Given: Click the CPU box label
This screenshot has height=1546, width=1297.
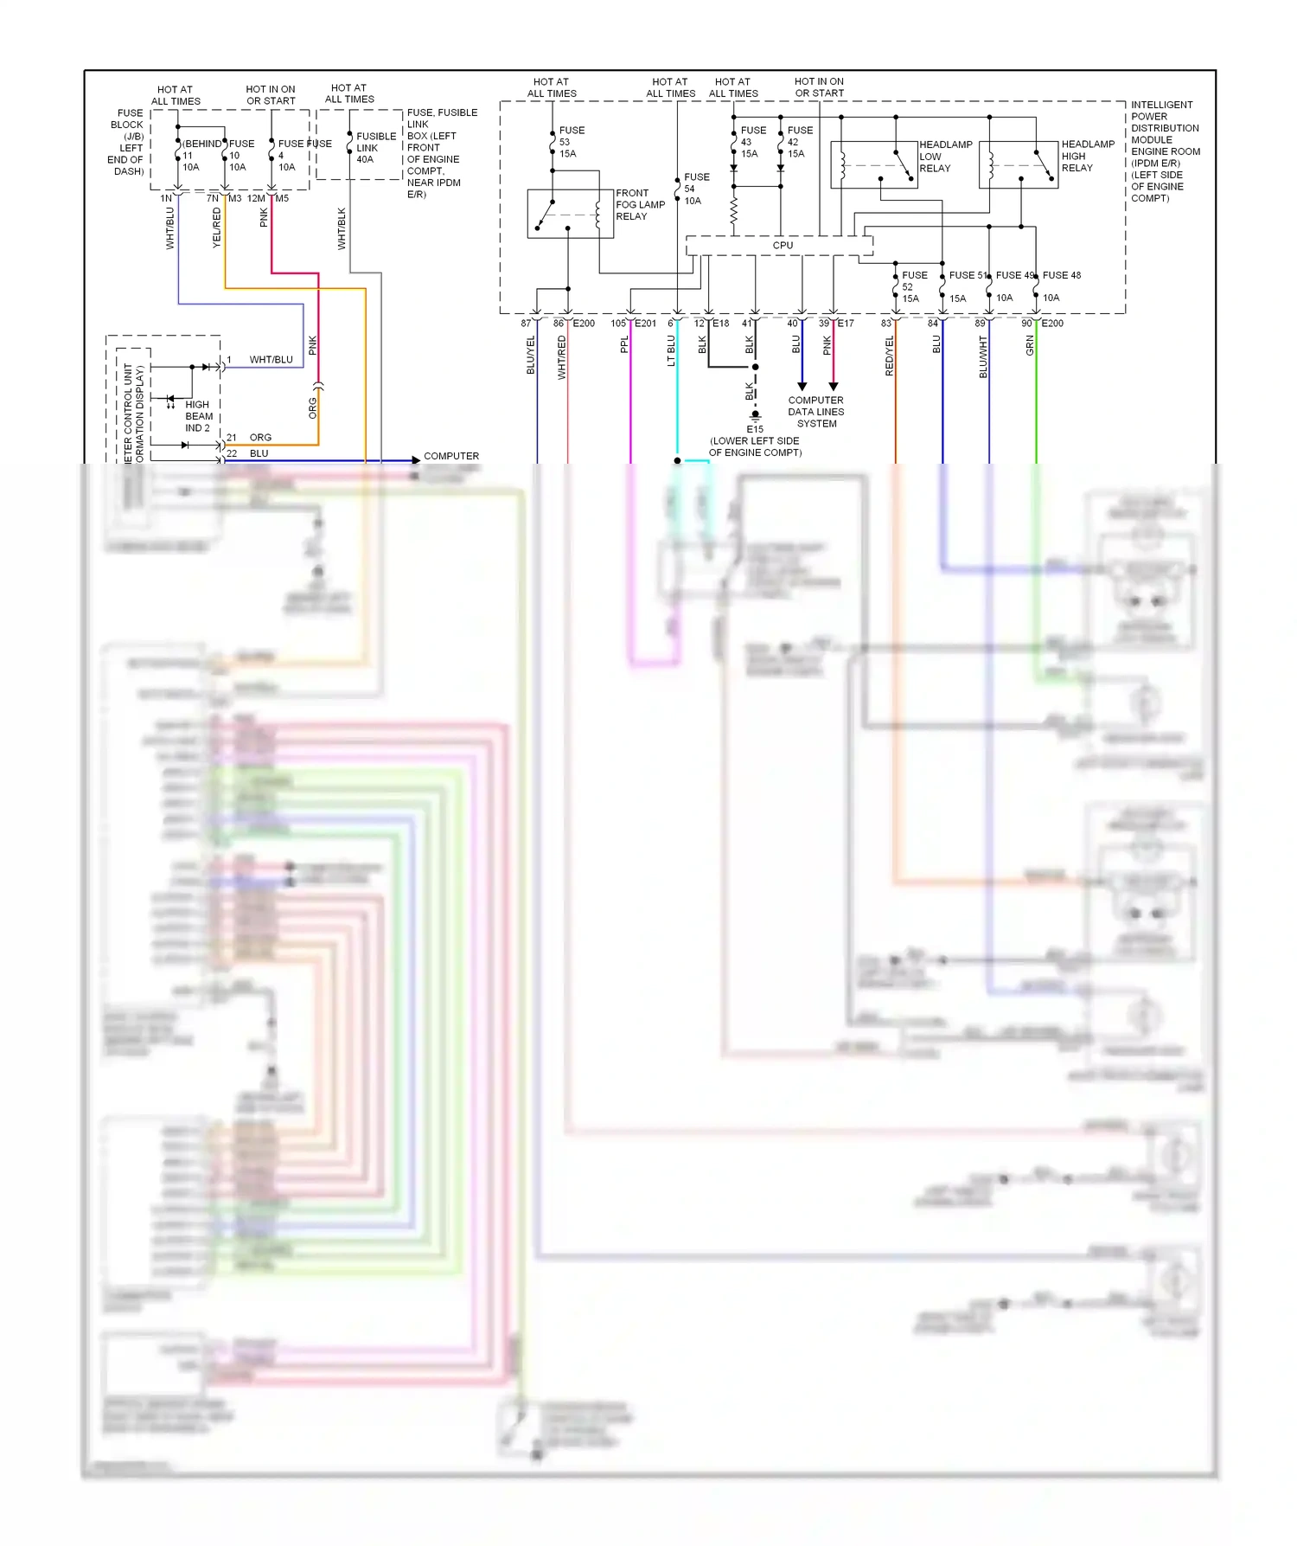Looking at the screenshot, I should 783,246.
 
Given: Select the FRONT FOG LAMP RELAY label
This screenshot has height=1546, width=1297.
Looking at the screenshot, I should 640,205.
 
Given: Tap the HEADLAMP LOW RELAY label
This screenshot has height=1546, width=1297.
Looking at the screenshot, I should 945,157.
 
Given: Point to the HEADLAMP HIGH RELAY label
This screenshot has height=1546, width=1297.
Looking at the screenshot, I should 1087,157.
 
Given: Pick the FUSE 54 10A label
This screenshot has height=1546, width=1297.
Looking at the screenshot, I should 695,189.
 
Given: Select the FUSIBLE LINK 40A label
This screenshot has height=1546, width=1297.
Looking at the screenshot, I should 375,148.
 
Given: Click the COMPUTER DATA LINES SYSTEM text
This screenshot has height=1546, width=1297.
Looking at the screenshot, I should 815,412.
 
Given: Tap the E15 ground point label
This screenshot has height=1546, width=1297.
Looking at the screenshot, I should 755,429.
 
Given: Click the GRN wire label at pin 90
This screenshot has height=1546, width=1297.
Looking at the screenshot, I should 1030,346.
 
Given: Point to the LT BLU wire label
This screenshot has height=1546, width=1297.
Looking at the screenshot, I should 671,350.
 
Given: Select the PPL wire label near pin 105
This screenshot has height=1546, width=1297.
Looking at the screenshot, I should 624,344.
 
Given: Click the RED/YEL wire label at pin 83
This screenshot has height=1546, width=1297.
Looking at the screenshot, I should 889,356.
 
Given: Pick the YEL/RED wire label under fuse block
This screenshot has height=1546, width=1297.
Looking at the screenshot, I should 217,228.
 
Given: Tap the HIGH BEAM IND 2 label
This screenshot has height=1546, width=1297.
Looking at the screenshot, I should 198,416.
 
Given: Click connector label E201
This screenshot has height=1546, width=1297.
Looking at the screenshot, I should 645,324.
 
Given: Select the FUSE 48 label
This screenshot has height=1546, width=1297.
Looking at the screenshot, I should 1061,275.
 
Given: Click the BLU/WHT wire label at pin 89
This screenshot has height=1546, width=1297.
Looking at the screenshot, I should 983,356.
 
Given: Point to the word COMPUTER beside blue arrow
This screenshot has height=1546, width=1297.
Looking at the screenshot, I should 450,456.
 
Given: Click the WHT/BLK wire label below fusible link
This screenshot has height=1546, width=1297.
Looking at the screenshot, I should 342,228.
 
